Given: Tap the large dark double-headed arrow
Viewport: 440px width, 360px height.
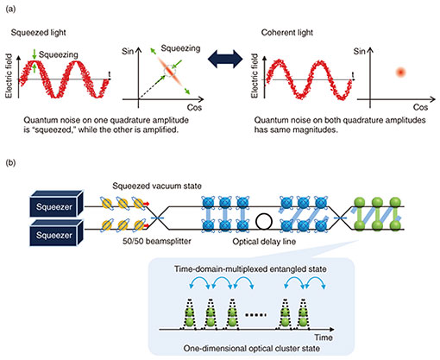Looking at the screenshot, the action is (225, 60).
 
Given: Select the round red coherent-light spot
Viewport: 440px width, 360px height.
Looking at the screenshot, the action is (400, 73).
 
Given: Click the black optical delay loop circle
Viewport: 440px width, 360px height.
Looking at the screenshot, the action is (264, 222).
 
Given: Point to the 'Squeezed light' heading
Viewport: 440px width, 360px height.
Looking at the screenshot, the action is (39, 33).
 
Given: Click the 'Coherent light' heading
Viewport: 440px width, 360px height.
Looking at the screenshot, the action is (287, 33).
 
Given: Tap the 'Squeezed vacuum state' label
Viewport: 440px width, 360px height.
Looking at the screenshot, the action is (157, 186).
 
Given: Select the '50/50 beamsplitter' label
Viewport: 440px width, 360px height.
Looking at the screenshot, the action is (157, 241).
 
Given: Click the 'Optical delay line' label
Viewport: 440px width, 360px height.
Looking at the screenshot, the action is (264, 242).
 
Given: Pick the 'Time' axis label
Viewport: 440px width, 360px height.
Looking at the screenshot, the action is (324, 338).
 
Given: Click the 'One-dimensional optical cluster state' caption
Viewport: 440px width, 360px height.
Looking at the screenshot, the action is (252, 349).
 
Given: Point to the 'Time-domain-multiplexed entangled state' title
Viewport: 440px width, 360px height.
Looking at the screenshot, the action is (250, 269).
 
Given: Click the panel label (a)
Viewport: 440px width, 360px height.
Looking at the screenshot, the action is (10, 9).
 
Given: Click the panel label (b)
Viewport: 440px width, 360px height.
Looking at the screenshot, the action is (10, 163).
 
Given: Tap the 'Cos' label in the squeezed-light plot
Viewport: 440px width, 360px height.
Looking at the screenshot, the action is (194, 108).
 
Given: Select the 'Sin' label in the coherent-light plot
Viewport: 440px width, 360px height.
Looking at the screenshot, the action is (359, 52).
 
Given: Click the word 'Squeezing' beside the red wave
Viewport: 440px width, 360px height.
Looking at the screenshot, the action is (59, 54).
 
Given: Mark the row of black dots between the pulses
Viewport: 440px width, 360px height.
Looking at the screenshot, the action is (255, 315).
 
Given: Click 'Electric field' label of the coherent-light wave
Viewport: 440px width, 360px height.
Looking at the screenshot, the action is (255, 76).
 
